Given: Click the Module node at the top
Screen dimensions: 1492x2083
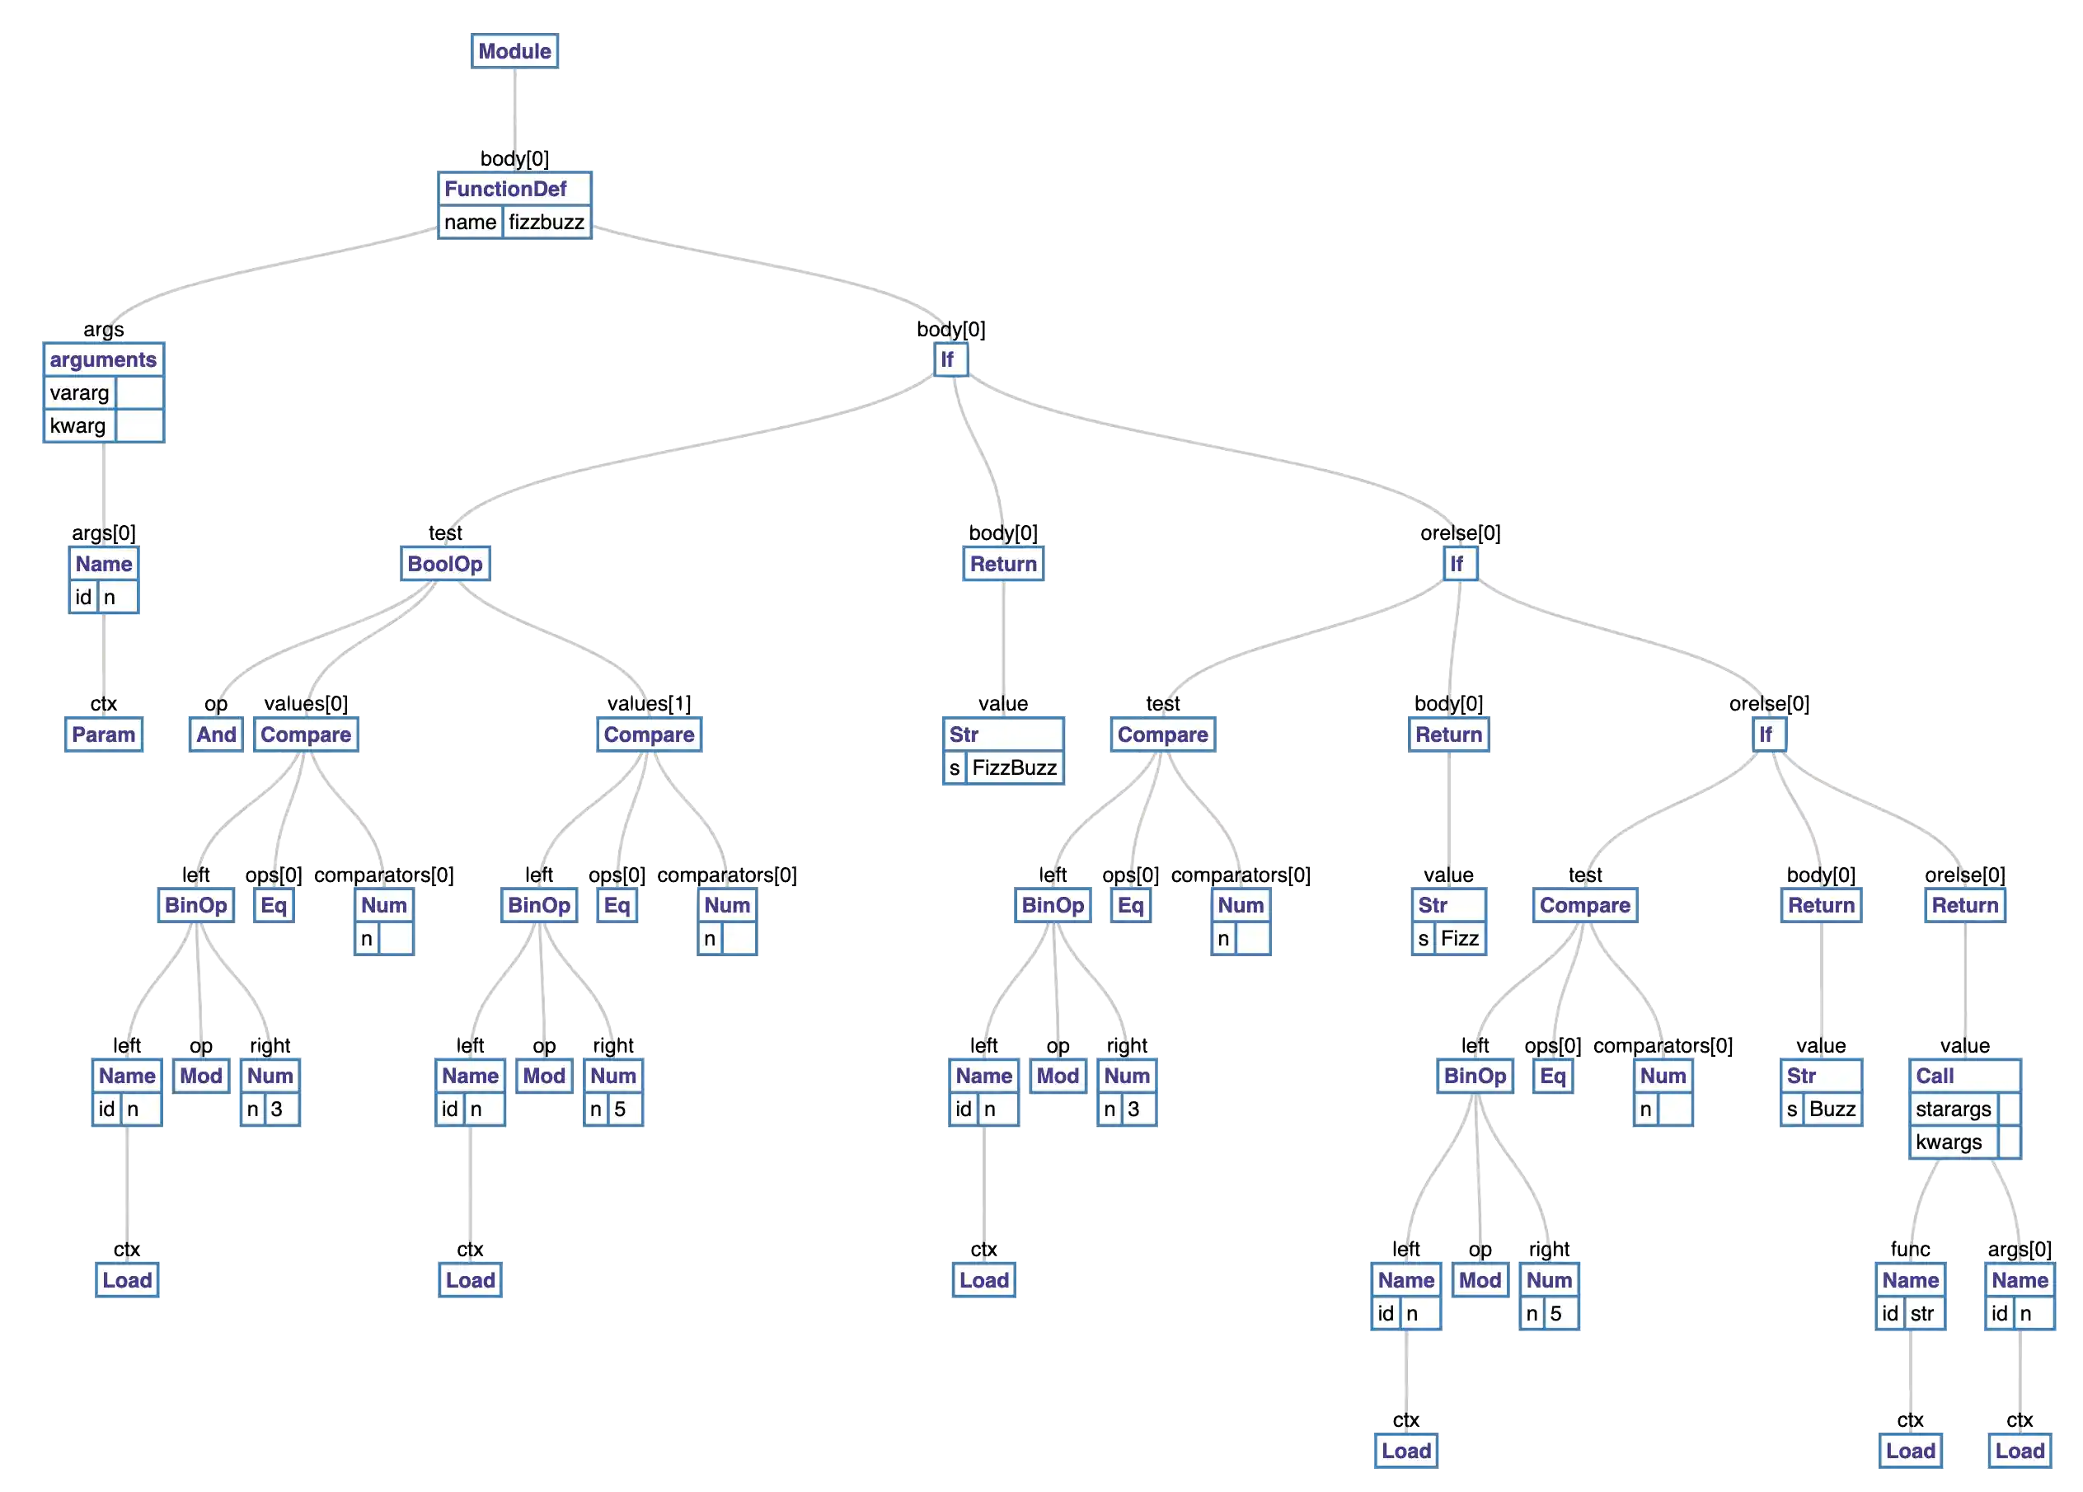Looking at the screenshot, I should tap(514, 51).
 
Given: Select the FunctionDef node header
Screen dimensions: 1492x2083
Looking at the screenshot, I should tap(505, 190).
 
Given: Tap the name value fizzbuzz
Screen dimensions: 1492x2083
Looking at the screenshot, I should tap(547, 223).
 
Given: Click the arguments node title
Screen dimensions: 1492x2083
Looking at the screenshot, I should tap(103, 360).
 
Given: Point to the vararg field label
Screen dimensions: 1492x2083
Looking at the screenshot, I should tap(80, 393).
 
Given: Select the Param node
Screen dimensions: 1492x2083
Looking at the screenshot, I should tap(103, 735).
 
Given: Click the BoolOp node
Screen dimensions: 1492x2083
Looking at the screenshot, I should tap(444, 564).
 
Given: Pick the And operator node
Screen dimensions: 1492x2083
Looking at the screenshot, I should tap(216, 735).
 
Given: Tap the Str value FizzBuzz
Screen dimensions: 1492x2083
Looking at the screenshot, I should tap(1014, 768).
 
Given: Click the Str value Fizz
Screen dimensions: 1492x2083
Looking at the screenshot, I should tap(1459, 939).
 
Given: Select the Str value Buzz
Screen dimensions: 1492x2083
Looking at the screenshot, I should tap(1832, 1110).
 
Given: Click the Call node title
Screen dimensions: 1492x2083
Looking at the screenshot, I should tap(1935, 1077).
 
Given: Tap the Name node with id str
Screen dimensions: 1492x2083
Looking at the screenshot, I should tap(1911, 1281).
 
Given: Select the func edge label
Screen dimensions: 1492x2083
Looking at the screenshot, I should tap(1911, 1250).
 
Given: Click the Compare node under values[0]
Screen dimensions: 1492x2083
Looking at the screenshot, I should tap(306, 735).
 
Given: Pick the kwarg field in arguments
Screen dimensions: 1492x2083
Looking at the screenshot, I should tap(78, 426).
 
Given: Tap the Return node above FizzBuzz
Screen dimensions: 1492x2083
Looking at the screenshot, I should tap(1003, 564).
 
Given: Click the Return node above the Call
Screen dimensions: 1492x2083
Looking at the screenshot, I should tap(1964, 906).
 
